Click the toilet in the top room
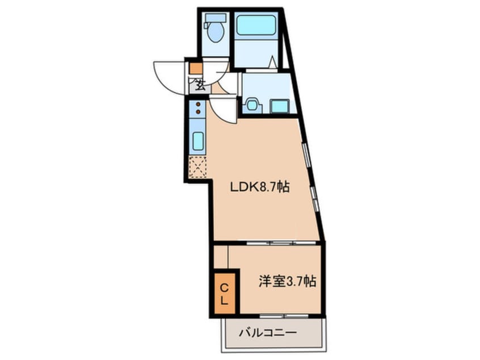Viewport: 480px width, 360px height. pos(216,32)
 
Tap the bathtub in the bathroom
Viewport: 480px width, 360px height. pos(255,26)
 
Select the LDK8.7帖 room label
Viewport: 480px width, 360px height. pos(259,187)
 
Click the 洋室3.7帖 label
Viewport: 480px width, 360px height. pos(287,280)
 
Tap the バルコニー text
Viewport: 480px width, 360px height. pos(268,332)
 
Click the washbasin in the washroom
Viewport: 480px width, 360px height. pos(252,105)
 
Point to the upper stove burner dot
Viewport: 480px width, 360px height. pos(198,104)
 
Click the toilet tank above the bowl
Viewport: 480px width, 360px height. pos(216,19)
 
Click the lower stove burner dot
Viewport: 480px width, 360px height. pos(198,113)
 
